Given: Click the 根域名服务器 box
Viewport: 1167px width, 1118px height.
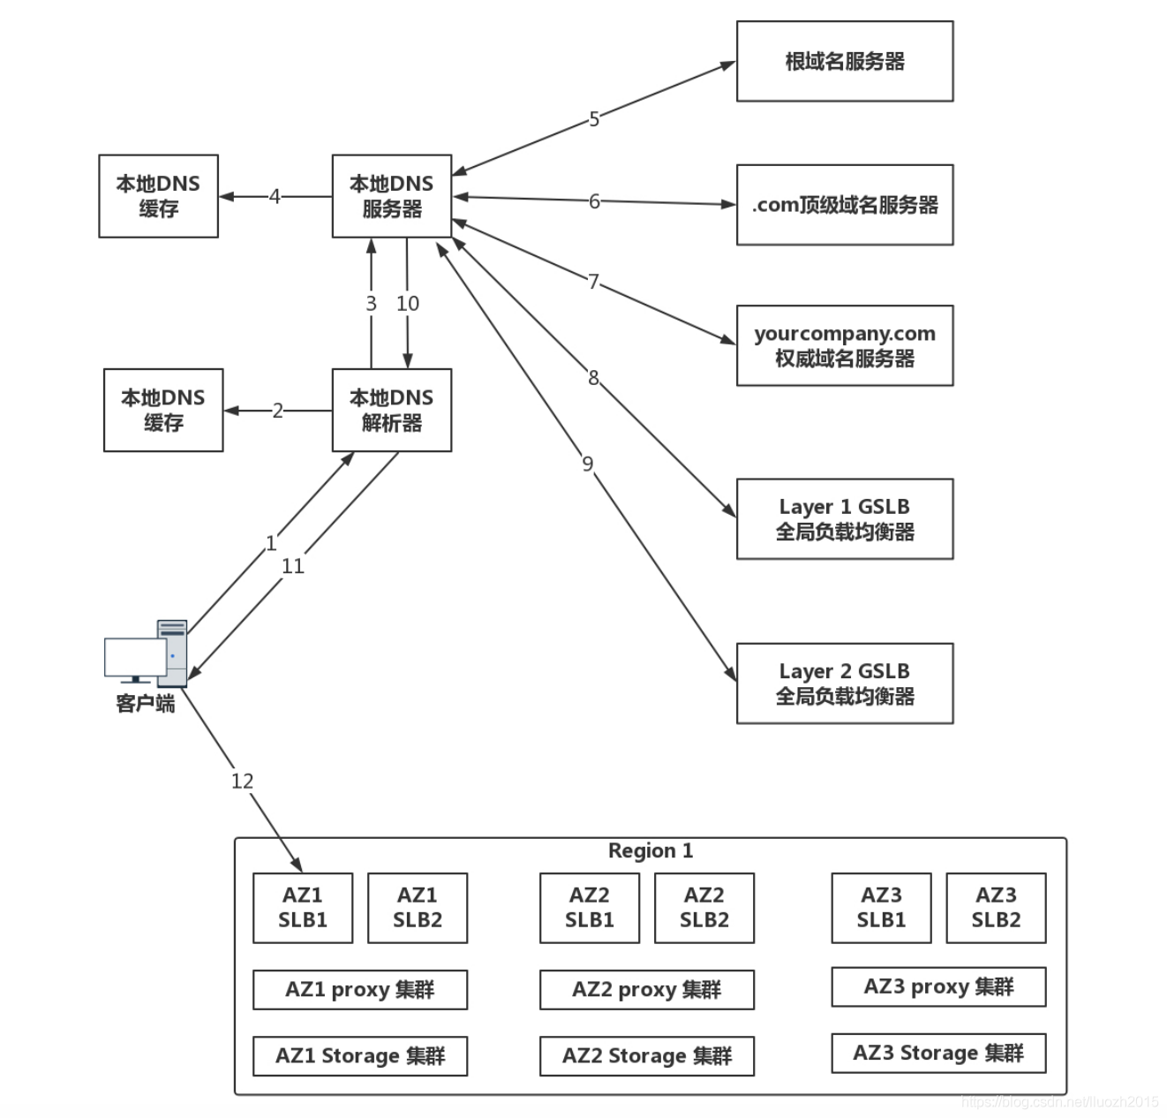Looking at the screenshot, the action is [x=845, y=61].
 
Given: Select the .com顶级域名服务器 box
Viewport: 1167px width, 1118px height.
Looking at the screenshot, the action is [x=845, y=205].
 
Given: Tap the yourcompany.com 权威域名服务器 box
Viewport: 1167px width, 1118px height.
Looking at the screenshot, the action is [x=845, y=345].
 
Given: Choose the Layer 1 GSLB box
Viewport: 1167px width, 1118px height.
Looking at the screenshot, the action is [x=845, y=518].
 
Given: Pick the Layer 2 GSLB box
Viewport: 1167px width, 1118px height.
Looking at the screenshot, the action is [x=845, y=684].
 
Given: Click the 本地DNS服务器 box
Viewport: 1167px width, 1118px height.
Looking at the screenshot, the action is [x=392, y=196].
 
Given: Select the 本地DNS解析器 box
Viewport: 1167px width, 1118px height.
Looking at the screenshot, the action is [x=392, y=411].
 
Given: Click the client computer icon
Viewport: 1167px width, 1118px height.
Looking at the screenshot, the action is [x=146, y=653].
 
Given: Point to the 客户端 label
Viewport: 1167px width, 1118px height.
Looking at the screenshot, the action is [x=146, y=703].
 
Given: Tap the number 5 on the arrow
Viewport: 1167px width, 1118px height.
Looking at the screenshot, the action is [x=594, y=118].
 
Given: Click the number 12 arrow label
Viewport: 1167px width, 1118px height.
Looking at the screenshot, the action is [x=242, y=781].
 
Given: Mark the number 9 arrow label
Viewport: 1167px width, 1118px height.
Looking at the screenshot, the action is [x=588, y=464].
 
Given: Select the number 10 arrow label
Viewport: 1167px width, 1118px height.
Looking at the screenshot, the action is [x=408, y=304].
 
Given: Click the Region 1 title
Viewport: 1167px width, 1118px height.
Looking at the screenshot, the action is [x=651, y=850].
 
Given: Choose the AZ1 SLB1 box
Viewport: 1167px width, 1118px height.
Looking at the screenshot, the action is [x=303, y=908].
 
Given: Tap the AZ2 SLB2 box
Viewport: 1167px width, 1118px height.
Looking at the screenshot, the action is [x=704, y=908].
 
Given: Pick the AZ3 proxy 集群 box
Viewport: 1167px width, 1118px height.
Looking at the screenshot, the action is [x=938, y=986].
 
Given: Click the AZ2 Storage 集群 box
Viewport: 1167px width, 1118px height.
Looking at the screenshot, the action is [x=647, y=1055].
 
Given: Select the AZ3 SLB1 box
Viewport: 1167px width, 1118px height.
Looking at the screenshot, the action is [x=881, y=908].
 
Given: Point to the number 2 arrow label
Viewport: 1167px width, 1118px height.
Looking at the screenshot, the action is [x=277, y=411].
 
